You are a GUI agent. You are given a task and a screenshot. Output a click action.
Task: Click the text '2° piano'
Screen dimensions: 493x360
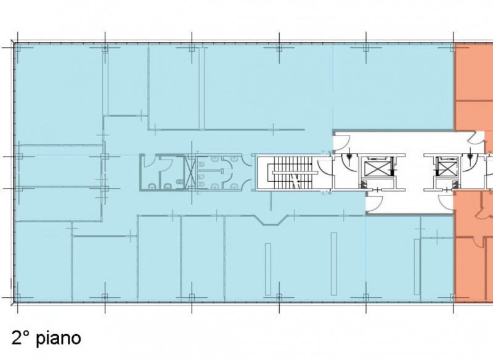pos(46,338)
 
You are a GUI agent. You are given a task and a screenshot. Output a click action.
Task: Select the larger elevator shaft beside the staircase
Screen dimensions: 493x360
pos(376,166)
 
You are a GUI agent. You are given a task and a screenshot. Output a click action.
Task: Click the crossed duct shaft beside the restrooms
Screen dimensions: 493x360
pos(190,173)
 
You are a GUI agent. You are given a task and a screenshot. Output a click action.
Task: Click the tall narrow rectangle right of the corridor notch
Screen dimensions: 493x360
pos(333,263)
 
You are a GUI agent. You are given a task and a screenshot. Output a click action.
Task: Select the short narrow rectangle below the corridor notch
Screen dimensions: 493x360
pos(268,269)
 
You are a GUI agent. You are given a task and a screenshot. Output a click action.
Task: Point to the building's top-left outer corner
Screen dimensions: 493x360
pos(13,42)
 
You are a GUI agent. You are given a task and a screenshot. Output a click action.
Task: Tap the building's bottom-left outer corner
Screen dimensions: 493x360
pos(13,303)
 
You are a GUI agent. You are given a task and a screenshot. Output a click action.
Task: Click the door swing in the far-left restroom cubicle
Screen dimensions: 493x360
pos(149,162)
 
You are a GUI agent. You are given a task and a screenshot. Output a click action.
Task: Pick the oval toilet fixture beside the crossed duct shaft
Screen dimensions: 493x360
pos(179,182)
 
